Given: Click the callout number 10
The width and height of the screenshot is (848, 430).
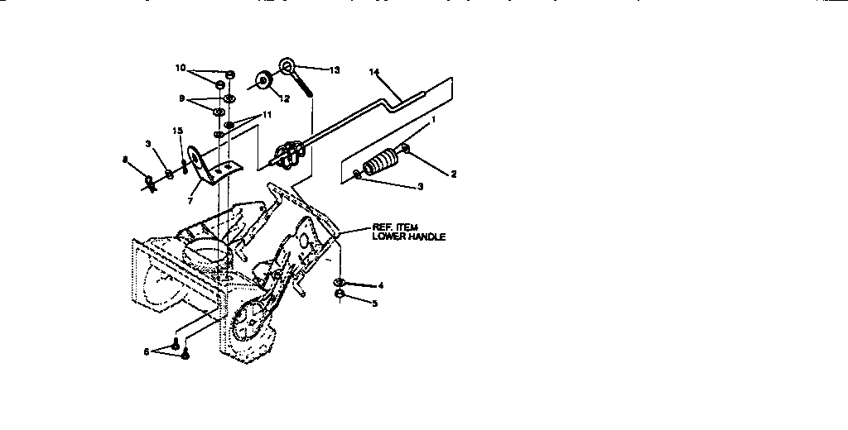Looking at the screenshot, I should click(x=180, y=68).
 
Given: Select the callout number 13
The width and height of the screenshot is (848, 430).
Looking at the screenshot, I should click(x=334, y=70).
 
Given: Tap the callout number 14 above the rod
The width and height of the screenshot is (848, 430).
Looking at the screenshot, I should click(x=374, y=73).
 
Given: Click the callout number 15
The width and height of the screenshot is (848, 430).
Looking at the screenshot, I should click(x=177, y=131).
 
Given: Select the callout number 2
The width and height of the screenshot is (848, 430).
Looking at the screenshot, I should click(x=453, y=174).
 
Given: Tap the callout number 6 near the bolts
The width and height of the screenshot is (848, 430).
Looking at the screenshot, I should click(x=147, y=351).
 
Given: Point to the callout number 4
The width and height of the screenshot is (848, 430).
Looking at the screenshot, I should click(x=380, y=286).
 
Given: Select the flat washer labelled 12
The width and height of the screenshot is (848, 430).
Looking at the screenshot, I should click(x=264, y=81).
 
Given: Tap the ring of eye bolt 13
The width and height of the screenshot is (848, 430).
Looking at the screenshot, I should click(x=287, y=64).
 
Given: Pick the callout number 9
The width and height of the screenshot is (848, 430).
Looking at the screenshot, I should click(x=181, y=98).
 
